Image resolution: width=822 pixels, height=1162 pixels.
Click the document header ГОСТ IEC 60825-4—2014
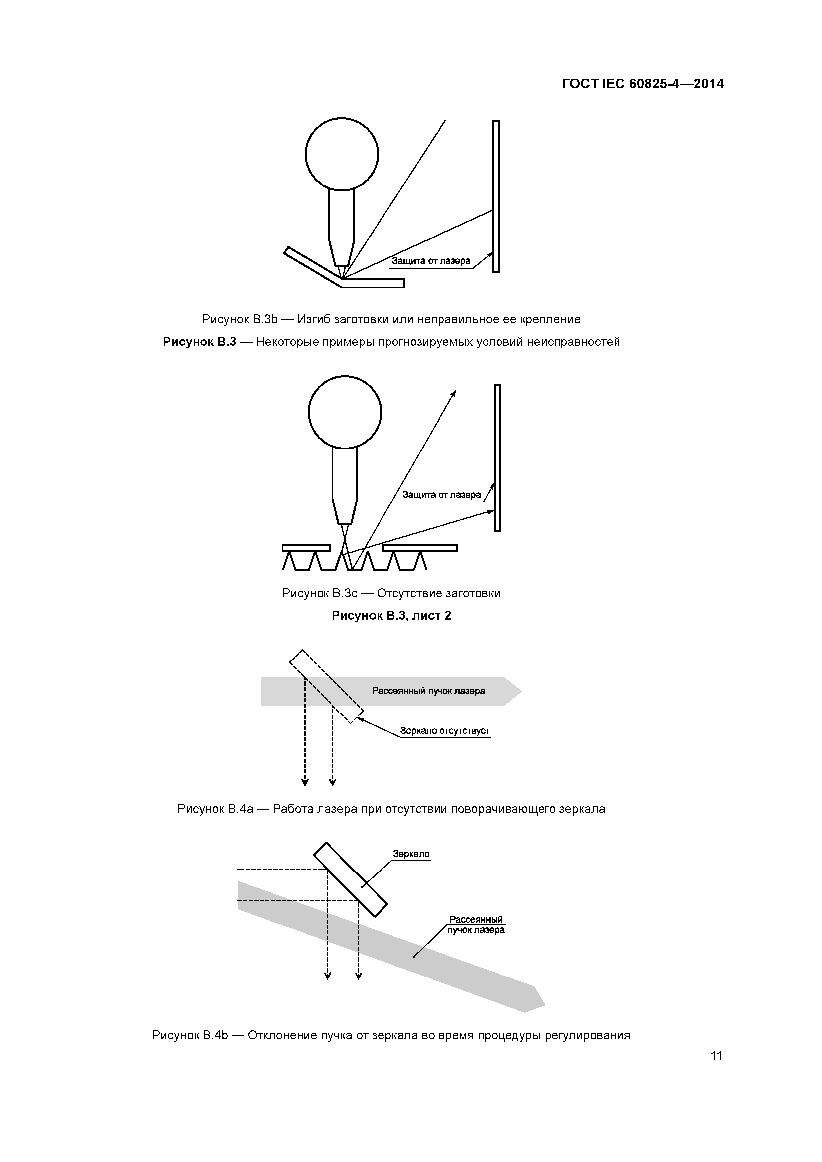pos(642,84)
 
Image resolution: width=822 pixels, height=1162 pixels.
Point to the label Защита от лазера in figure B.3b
pos(431,261)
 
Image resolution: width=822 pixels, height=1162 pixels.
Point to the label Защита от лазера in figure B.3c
pos(441,495)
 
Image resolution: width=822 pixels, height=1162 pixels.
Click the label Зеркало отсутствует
pos(445,730)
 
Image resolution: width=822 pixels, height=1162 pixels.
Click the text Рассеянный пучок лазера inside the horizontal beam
pos(428,691)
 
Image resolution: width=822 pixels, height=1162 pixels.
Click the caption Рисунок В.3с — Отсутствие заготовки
pos(391,593)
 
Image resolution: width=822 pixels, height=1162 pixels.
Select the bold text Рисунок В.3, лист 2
pos(391,615)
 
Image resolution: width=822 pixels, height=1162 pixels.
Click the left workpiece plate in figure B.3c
pos(306,548)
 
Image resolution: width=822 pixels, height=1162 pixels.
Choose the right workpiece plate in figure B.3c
pos(420,548)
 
